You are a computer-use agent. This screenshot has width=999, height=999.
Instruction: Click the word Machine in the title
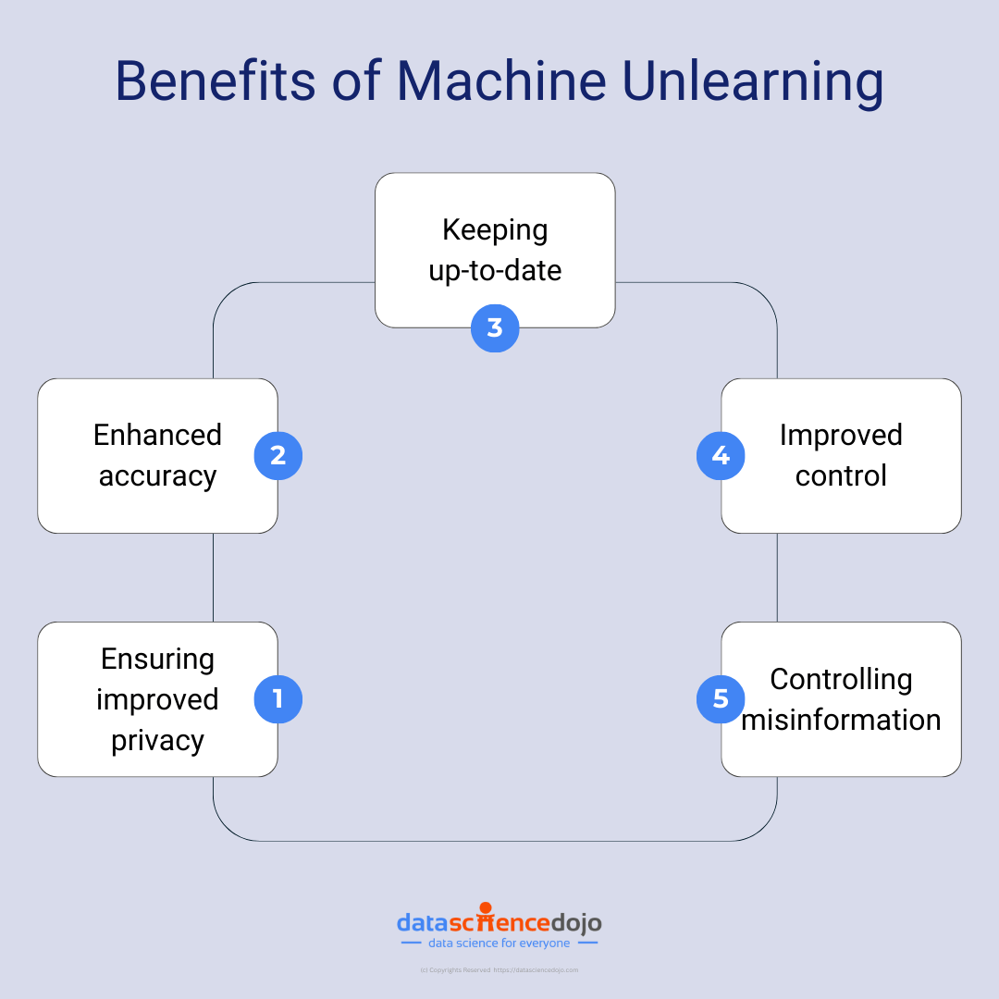pos(501,80)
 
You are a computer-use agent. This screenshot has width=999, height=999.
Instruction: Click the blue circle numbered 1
pos(278,698)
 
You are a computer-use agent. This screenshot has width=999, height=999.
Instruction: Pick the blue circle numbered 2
pos(278,455)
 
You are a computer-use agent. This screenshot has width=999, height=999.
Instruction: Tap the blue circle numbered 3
pos(495,327)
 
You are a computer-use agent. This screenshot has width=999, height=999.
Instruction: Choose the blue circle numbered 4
pos(721,455)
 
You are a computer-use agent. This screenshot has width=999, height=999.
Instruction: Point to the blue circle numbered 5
pos(721,698)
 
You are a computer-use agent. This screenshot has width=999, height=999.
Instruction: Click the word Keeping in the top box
pos(495,229)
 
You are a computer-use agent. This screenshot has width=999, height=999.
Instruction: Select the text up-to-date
pos(495,270)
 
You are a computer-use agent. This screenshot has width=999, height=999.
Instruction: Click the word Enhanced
pos(157,435)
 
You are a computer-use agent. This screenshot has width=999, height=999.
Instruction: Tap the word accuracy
pos(157,475)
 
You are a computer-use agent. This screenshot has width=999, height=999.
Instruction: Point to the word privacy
pos(157,740)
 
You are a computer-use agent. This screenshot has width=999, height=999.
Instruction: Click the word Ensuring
pos(157,659)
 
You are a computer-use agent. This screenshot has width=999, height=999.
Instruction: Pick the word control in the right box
pos(841,475)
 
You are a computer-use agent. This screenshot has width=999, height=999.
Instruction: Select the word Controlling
pos(841,679)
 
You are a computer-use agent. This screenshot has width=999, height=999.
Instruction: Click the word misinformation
pos(841,720)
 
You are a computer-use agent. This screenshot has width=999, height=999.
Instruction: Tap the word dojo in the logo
pos(576,922)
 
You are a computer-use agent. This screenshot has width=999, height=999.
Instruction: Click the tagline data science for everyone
pos(499,943)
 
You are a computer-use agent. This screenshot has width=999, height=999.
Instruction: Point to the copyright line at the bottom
pos(499,969)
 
